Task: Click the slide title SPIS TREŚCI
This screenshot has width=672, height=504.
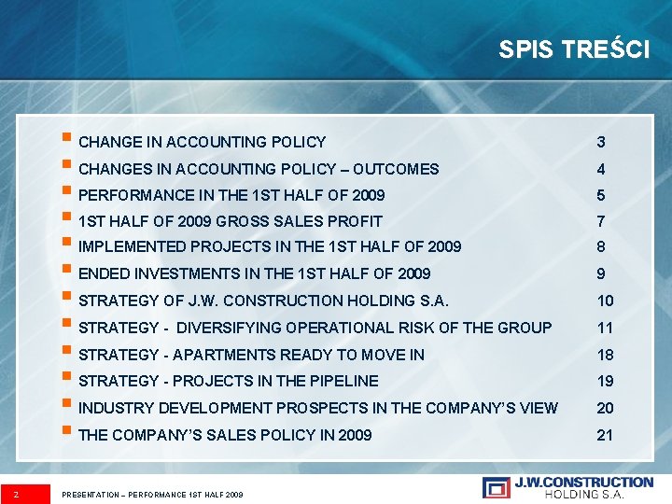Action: coord(574,49)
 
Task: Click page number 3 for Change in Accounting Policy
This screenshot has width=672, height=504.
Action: coord(601,143)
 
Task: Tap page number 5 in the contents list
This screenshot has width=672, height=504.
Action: coord(601,196)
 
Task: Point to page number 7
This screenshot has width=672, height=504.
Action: coord(601,222)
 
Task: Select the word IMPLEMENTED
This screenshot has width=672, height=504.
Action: coord(133,247)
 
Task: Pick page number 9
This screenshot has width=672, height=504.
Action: coord(601,274)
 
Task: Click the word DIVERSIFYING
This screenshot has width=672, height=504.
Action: coord(235,328)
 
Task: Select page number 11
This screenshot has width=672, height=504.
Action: coord(605,328)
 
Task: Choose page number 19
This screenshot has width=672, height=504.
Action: coord(605,381)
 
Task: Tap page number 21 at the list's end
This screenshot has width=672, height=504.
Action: coord(605,435)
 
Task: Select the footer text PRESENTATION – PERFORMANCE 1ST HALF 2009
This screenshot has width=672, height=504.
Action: coord(151,493)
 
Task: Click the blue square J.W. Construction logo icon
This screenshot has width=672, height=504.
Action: coord(496,487)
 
